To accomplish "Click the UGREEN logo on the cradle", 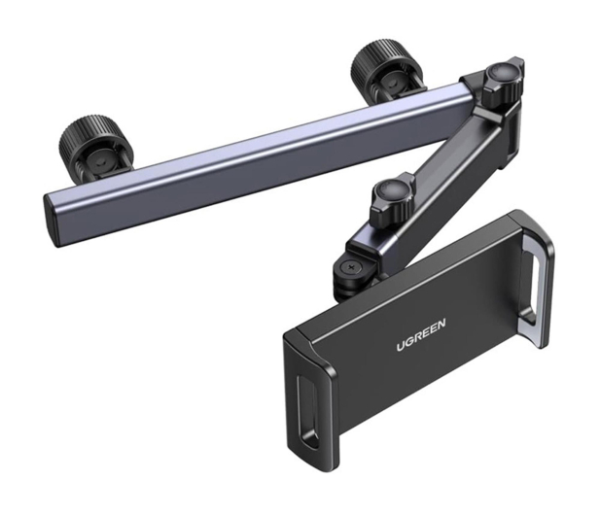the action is tap(420, 335).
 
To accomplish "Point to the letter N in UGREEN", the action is tap(441, 325).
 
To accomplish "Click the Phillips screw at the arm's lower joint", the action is tap(348, 267).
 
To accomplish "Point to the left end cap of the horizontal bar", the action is tap(53, 217).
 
